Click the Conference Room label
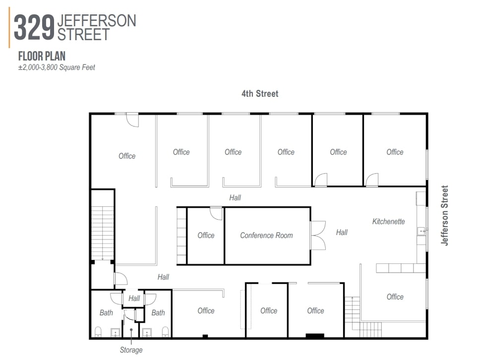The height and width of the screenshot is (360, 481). (x=266, y=236)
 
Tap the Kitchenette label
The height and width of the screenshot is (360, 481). (x=389, y=222)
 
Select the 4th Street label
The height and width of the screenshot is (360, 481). (x=260, y=94)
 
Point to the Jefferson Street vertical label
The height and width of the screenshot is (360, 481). (x=445, y=215)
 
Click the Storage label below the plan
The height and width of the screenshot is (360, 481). (x=131, y=350)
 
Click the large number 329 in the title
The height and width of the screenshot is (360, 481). (x=34, y=28)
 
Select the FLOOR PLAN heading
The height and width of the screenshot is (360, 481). (x=42, y=57)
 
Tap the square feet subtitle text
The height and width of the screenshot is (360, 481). (x=57, y=67)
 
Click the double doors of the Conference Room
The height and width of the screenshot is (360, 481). (x=317, y=235)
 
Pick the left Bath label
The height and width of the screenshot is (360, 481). (x=106, y=313)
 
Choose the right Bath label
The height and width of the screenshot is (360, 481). (x=158, y=313)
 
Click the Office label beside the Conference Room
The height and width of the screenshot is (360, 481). (x=206, y=236)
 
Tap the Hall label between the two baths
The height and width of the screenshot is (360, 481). (x=134, y=299)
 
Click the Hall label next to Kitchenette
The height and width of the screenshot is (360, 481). (x=342, y=232)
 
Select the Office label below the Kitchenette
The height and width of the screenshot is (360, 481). (x=395, y=297)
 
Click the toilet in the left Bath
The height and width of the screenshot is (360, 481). (x=98, y=332)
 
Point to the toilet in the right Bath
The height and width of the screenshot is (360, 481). (x=165, y=332)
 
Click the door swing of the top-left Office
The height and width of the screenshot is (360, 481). (x=132, y=120)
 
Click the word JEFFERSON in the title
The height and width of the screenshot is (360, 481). (x=97, y=20)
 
